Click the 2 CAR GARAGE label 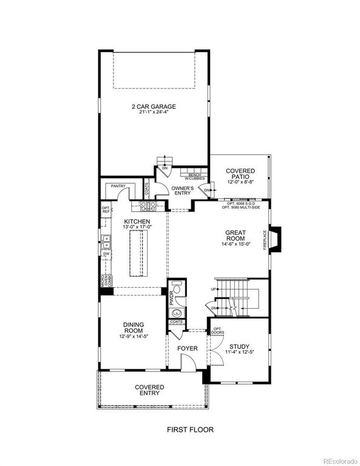click(x=154, y=107)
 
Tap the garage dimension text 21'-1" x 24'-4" click(x=154, y=114)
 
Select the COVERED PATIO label click(x=240, y=171)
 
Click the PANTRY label click(x=118, y=187)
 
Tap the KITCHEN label click(x=137, y=222)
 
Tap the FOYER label click(x=188, y=349)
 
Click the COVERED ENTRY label click(x=150, y=390)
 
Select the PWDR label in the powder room click(x=171, y=299)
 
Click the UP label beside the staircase click(x=214, y=289)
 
